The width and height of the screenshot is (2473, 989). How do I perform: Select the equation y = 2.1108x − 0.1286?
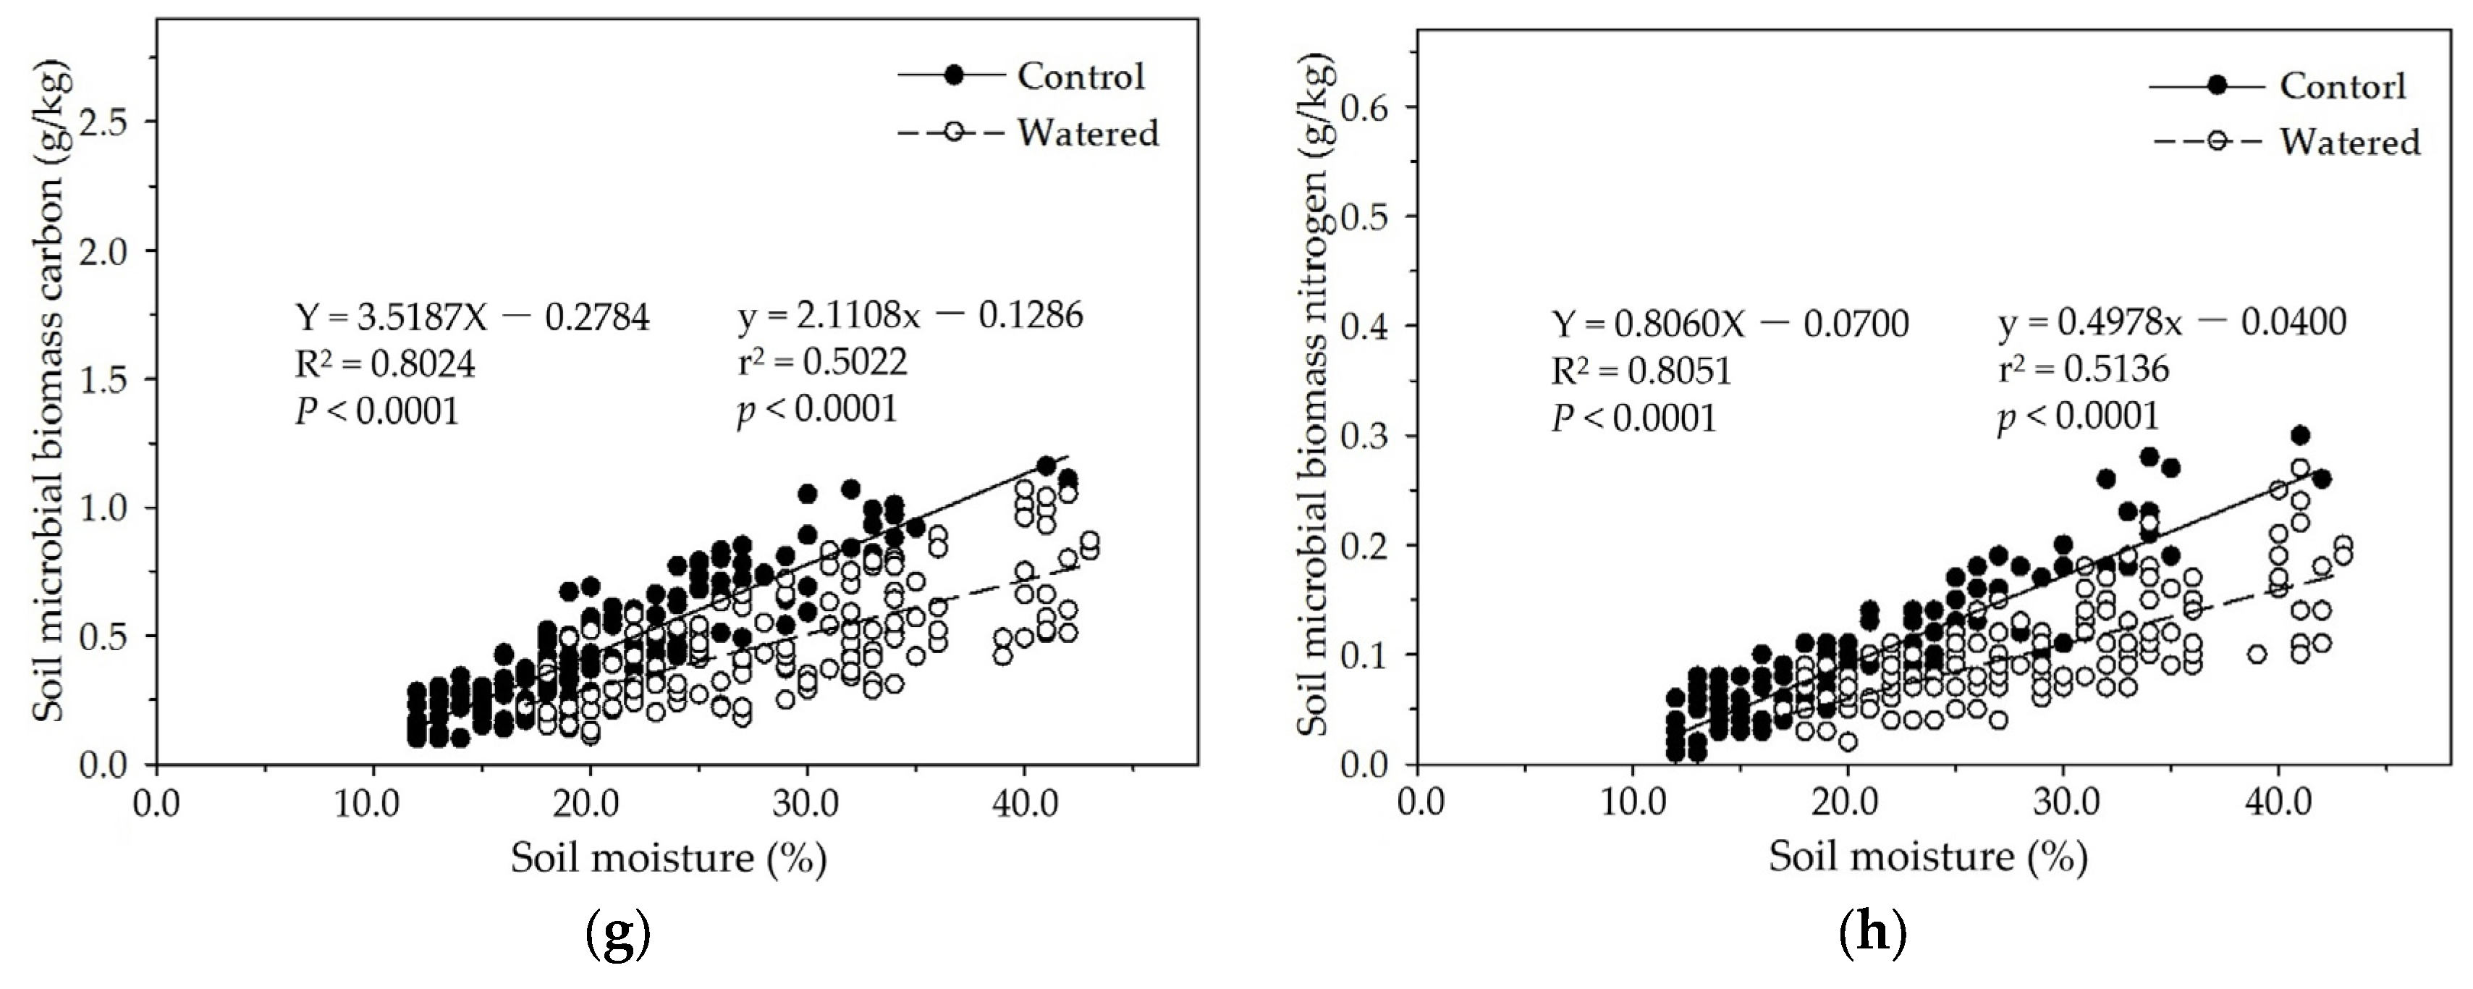tap(910, 315)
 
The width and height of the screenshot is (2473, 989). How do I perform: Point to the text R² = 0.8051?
tap(1641, 371)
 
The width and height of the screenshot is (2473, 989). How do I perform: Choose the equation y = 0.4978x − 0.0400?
tap(2171, 323)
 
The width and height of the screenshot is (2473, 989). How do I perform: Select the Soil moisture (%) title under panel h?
tap(1928, 857)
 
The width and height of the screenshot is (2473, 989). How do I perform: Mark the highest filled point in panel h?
tap(2299, 435)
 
